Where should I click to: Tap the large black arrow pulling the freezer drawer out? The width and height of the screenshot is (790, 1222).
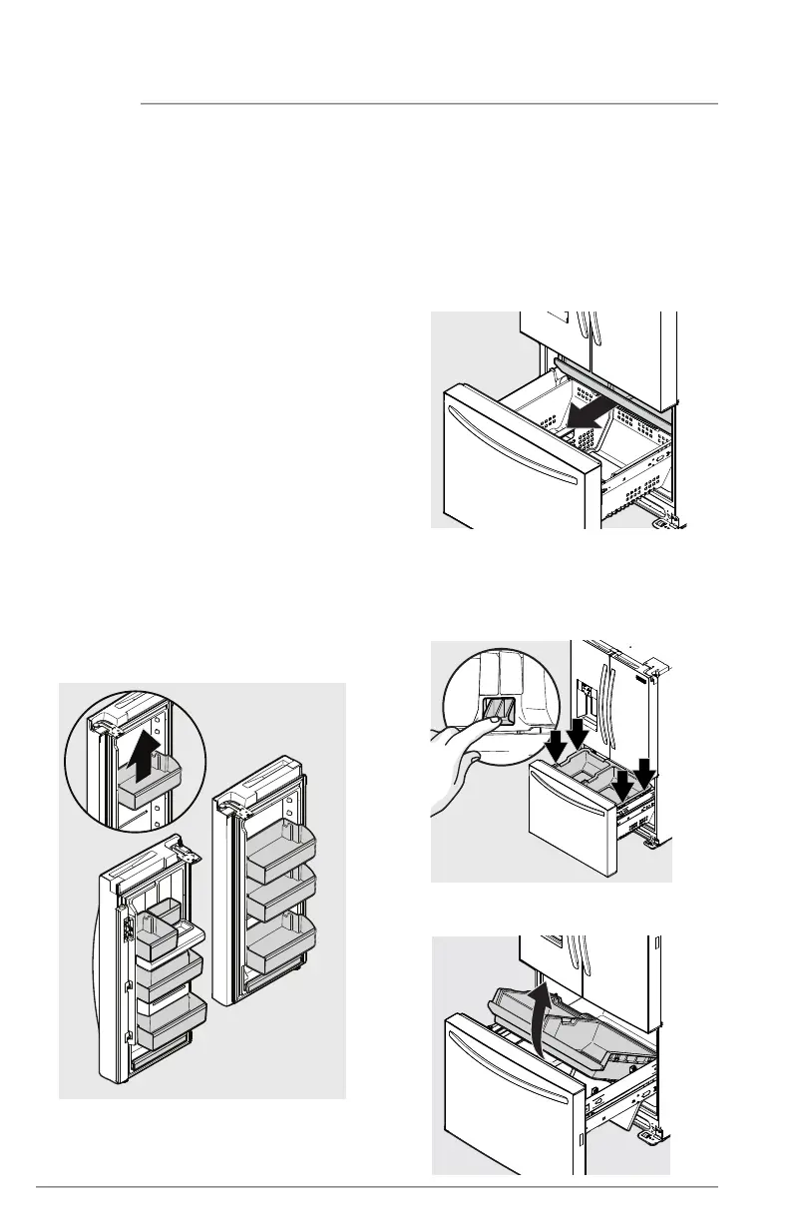click(x=579, y=414)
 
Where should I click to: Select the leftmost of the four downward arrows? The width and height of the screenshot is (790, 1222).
click(x=556, y=743)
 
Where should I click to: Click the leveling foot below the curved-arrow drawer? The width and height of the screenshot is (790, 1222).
click(x=654, y=1134)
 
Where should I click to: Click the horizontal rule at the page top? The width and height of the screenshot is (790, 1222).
click(x=429, y=103)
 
